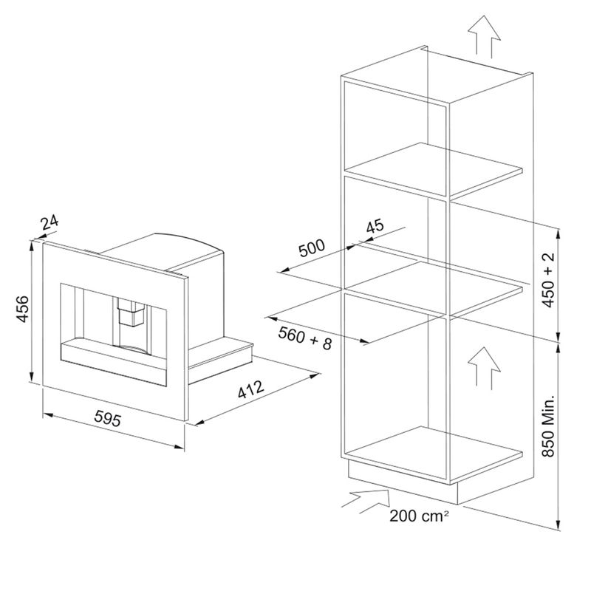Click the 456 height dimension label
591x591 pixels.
23,309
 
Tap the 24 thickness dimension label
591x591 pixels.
49,222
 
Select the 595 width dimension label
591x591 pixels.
107,418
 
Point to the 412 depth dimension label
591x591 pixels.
251,389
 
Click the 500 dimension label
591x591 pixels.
312,247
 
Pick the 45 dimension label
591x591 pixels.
375,226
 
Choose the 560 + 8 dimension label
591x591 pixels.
305,338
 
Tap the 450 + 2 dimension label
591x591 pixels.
549,280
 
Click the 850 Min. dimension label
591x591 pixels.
548,426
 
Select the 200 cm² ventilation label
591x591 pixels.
419,516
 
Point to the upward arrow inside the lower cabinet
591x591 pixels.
485,368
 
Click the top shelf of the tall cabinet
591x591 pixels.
434,170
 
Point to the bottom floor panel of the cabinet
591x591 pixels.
434,454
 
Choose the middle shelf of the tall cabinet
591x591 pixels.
434,288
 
